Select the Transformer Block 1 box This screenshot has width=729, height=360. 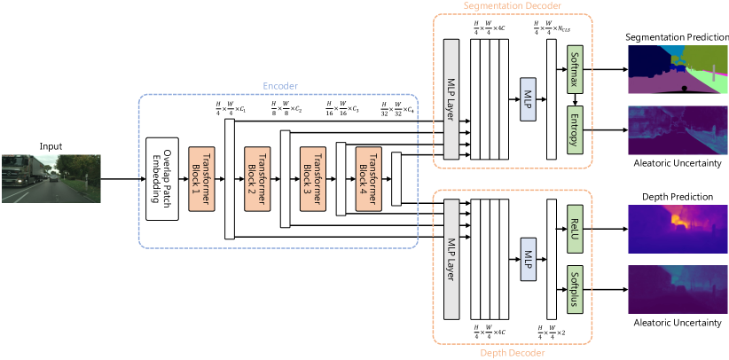[200, 178]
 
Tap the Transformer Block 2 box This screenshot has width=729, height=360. [257, 178]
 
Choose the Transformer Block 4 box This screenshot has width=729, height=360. [368, 178]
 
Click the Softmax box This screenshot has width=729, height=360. [575, 68]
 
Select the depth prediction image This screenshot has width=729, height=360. [678, 228]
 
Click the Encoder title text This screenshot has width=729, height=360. [280, 86]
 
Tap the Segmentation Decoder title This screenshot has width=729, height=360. [512, 6]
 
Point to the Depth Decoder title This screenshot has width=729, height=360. [512, 353]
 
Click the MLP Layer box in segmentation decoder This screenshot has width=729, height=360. [450, 99]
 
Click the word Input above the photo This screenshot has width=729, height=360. [51, 145]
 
